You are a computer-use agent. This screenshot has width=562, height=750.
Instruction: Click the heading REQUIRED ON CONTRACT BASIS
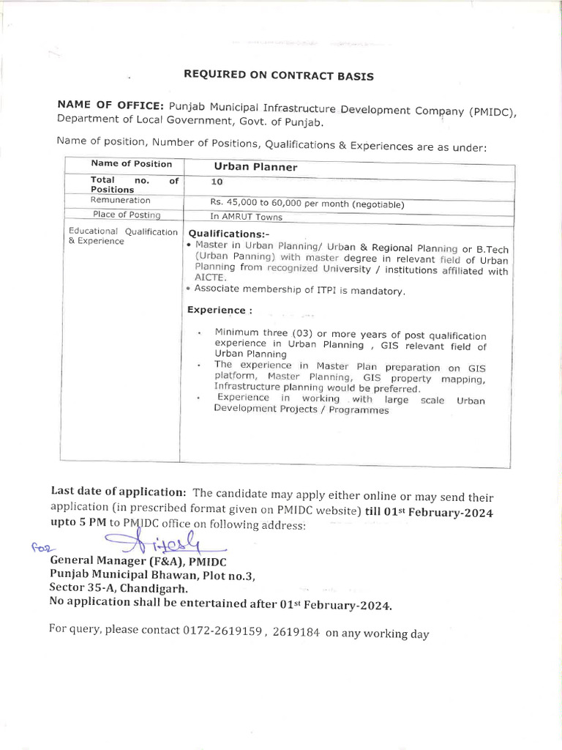[x=278, y=76]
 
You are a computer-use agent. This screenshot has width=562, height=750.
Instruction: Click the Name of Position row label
[x=132, y=164]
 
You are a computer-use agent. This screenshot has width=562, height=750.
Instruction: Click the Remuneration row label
[x=120, y=200]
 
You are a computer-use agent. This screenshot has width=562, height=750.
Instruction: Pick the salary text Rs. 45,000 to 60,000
[x=266, y=204]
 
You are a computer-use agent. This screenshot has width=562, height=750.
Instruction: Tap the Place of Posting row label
[x=127, y=215]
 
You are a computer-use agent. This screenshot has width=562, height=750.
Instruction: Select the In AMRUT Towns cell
[x=245, y=217]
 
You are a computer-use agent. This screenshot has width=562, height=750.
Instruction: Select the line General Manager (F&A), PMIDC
[x=138, y=562]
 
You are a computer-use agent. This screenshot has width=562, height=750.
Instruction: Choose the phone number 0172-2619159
[x=221, y=631]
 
